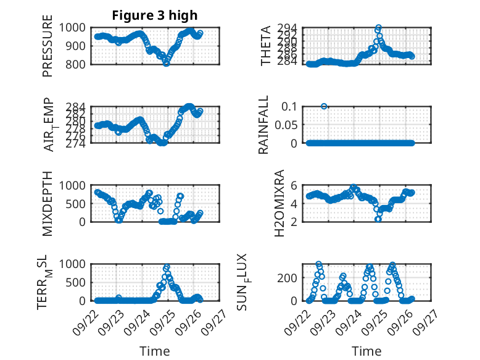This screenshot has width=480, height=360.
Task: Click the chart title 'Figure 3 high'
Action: (x=155, y=15)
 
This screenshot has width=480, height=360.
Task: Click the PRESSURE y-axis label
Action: (x=48, y=50)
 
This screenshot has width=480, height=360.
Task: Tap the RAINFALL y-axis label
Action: (x=263, y=125)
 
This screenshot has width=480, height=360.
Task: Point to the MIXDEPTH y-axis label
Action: (x=48, y=203)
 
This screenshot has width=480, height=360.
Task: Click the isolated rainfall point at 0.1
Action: (x=324, y=106)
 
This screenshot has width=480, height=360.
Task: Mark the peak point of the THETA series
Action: (x=378, y=28)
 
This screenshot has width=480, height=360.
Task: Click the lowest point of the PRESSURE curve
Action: (x=166, y=63)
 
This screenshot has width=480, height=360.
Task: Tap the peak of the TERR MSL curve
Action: (x=167, y=267)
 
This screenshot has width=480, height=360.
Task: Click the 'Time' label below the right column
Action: (x=366, y=351)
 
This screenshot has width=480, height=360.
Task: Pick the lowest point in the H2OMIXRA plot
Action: (x=378, y=219)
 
